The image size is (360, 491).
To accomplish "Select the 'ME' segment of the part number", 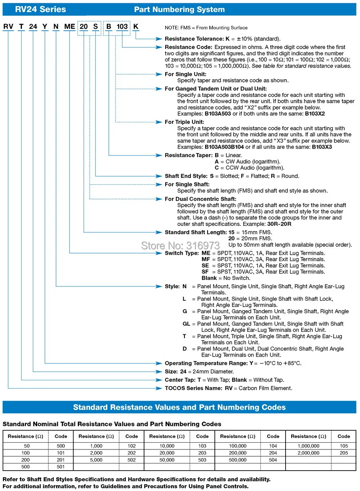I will pos(70,27).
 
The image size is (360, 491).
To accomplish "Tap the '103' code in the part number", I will pos(122,27).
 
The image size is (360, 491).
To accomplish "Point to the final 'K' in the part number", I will pos(136,27).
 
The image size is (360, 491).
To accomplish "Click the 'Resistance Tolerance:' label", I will pos(189,39).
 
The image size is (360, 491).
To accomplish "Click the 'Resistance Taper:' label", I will pos(188,155).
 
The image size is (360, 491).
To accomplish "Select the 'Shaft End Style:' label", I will pos(186,176).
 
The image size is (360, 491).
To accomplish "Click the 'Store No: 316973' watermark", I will pos(180,245).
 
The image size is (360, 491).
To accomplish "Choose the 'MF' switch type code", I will pos(206,259).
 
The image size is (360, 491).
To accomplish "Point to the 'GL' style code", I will pos(186,324).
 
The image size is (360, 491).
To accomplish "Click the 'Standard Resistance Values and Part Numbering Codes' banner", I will pos(179,407).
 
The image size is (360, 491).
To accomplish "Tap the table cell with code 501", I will pos(61,467).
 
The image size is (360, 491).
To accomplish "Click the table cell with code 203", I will pos(202,453).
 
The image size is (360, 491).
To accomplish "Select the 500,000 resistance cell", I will pos(238,460).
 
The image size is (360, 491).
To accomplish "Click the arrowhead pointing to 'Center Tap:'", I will pos(161,380).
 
